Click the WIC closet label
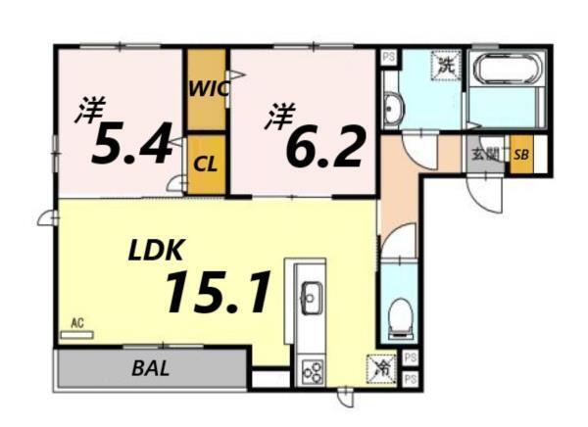pos(208,87)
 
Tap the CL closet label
pos(205,164)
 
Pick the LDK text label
pos(157,250)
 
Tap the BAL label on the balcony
pos(150,369)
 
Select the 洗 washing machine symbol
pos(446,67)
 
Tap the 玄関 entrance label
pos(484,155)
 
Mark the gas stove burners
pos(313,370)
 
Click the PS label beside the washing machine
pos(389,58)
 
